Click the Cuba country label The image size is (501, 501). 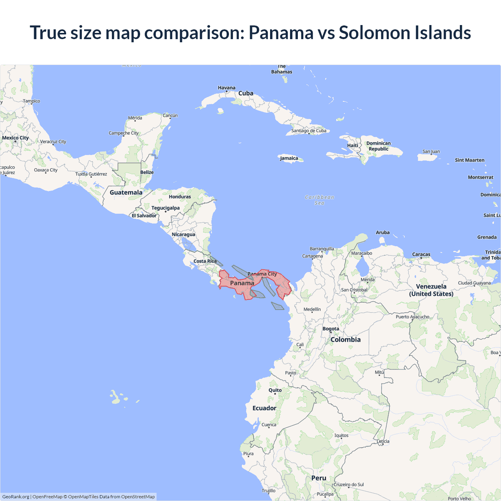point(246,93)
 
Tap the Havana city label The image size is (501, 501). point(227,88)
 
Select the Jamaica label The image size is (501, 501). point(289,158)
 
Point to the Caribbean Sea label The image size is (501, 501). point(319,200)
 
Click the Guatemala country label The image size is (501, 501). point(126,192)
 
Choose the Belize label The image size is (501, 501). point(147,172)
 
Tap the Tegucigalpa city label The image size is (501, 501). point(166,208)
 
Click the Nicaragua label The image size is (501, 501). point(183,234)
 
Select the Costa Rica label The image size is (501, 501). point(205,261)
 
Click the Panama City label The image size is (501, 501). point(262,274)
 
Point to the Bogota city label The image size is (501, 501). point(331,329)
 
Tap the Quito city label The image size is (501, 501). point(275,390)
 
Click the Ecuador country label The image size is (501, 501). point(264,408)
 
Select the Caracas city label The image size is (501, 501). point(421,254)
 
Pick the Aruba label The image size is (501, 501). point(382,232)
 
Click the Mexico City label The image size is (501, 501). point(15,138)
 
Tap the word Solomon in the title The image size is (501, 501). point(374,32)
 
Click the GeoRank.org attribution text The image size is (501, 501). point(16,497)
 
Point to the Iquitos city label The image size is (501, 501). point(341,435)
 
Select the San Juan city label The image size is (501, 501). point(431,151)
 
